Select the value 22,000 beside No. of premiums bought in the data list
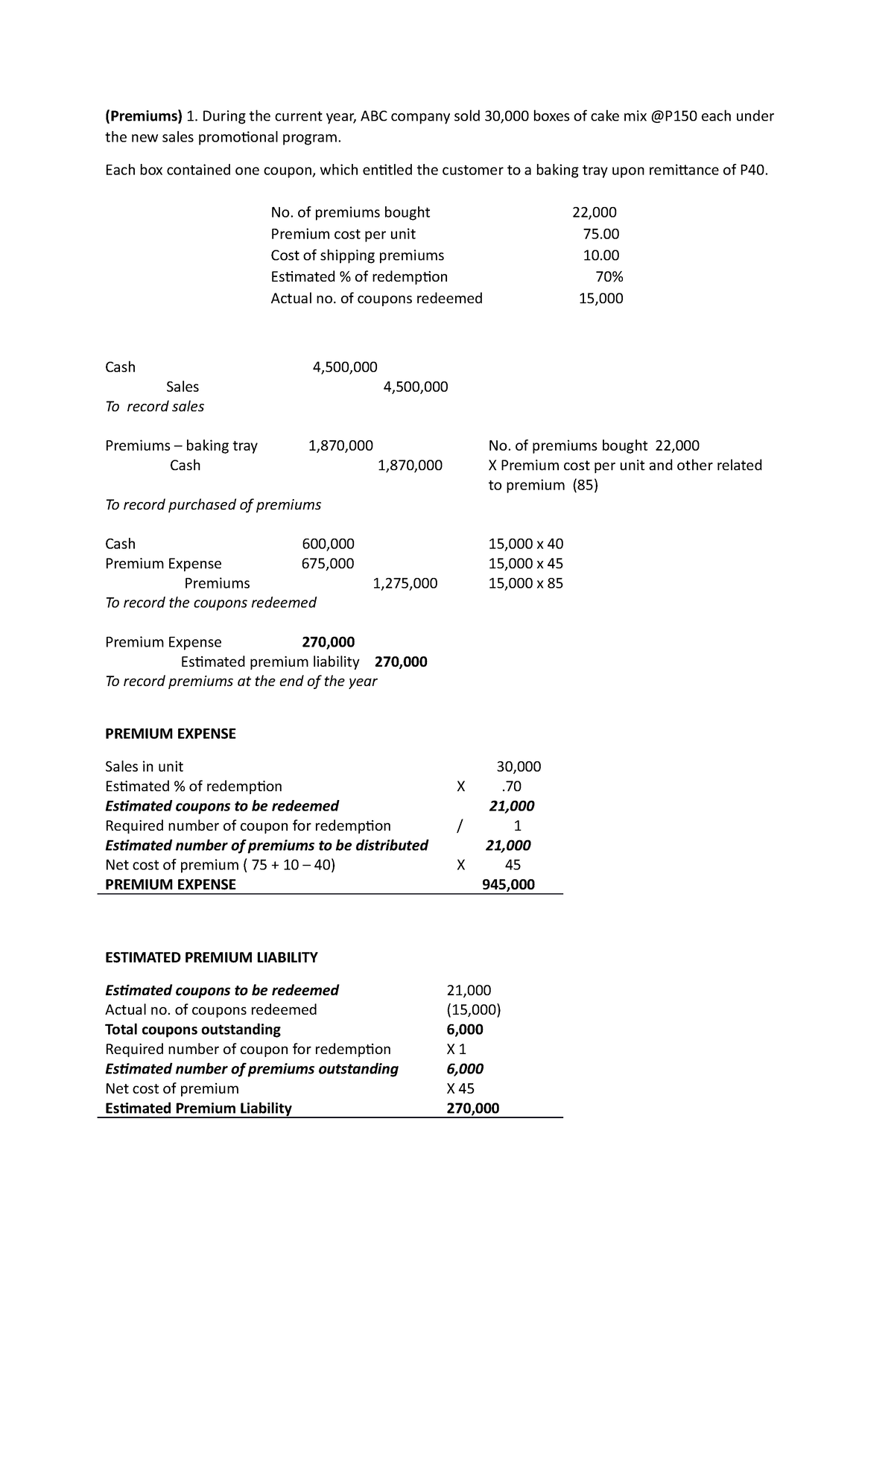pos(594,212)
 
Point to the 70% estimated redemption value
pos(609,277)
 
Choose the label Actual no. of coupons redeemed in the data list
pos(376,299)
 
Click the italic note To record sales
pos(154,407)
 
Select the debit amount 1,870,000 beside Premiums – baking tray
pos(340,445)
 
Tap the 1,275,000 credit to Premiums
pos(405,583)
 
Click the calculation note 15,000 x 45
pos(525,563)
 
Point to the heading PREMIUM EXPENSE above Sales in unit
pos(170,734)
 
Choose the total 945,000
pos(509,885)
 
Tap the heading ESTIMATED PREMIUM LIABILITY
pos(211,957)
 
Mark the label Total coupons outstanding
pos(192,1030)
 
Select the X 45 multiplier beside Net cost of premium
pos(460,1088)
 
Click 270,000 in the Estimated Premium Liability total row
pos(472,1108)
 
